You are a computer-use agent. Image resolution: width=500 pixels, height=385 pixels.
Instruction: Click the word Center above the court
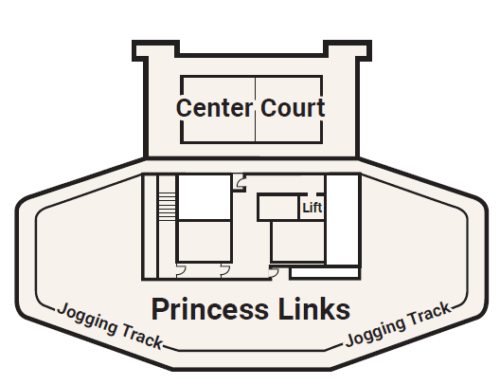click(214, 107)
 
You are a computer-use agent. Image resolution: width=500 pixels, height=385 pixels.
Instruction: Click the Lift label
click(312, 207)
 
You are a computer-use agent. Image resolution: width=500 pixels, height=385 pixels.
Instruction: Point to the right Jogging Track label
click(397, 325)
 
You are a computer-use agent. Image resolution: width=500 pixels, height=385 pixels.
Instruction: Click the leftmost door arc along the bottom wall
click(181, 272)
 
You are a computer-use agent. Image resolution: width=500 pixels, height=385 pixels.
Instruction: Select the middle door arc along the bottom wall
click(224, 272)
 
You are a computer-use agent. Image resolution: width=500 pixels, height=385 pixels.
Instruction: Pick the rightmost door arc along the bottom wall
click(274, 272)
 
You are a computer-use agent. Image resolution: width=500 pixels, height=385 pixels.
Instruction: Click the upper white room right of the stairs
click(205, 196)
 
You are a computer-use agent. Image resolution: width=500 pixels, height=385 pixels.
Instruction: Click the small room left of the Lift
click(278, 207)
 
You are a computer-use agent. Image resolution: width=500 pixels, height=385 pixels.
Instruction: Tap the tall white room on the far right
click(342, 218)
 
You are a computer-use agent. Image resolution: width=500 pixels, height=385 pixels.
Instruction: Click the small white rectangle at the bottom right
click(324, 273)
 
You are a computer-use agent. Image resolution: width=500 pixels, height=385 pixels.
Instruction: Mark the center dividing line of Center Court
click(255, 107)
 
